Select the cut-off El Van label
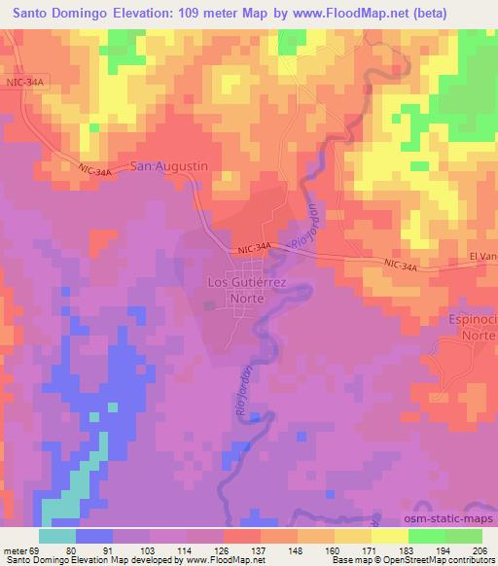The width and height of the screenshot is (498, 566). click(482, 256)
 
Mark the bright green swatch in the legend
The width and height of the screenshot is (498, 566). click(425, 535)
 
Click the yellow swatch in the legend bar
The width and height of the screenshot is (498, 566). click(388, 535)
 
